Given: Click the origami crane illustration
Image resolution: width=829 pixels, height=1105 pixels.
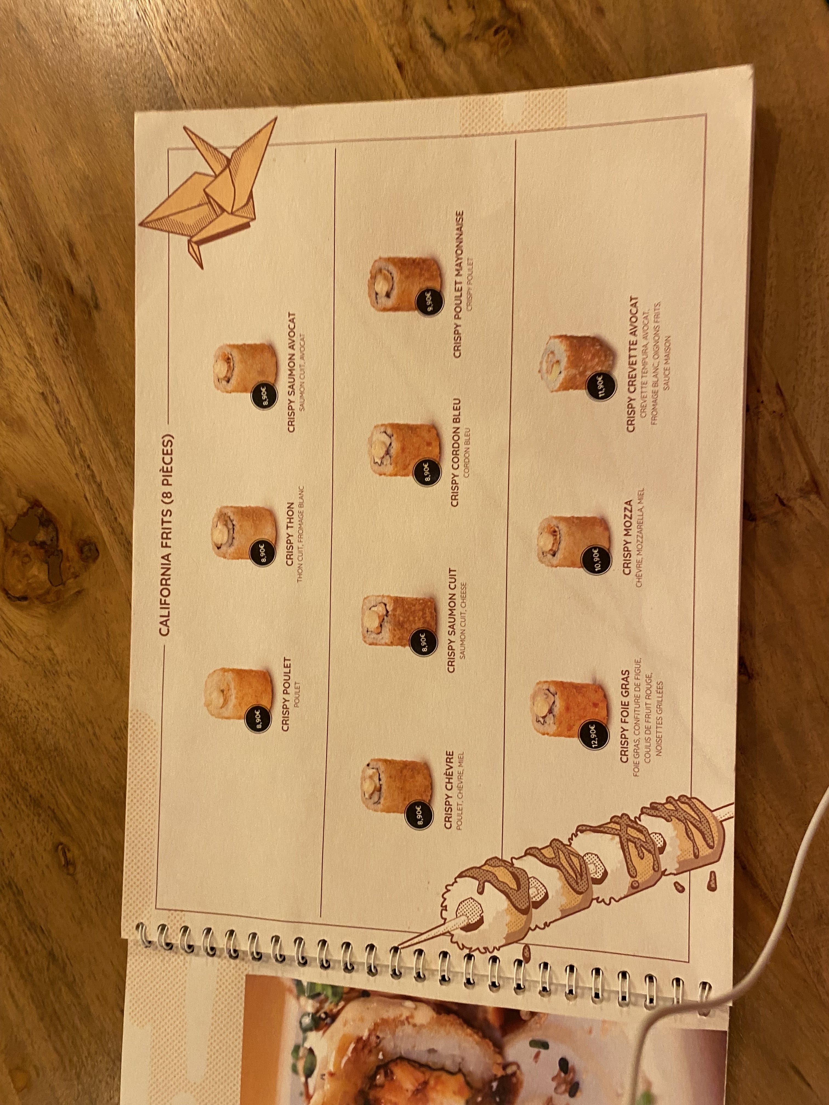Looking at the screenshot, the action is [210, 190].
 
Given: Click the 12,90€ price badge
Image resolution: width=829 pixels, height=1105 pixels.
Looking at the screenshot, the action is [593, 734].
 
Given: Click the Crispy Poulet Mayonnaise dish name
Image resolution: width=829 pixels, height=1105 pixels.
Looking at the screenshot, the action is [458, 283].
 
